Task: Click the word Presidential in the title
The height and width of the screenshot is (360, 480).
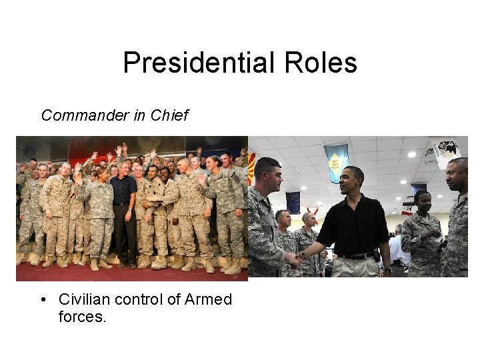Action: tap(193, 63)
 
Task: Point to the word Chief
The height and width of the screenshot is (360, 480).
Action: tap(169, 115)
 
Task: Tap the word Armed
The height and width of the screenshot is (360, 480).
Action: tap(207, 300)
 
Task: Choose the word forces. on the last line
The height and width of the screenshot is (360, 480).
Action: tap(82, 317)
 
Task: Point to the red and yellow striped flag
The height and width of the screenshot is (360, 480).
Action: tap(251, 167)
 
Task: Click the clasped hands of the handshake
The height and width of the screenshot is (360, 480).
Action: tap(295, 258)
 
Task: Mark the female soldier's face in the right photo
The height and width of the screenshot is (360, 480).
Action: tap(421, 201)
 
